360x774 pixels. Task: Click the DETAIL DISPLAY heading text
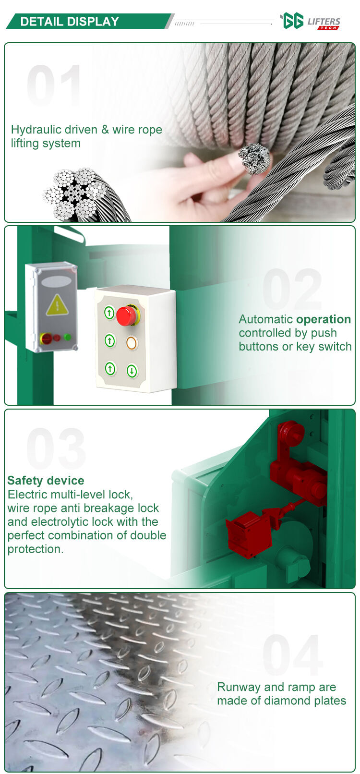pos(70,22)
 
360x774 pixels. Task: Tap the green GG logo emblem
pos(292,21)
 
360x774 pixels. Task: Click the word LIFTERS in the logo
pos(324,22)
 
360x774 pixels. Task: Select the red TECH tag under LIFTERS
pos(328,28)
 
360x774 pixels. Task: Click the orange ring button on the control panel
pos(132,343)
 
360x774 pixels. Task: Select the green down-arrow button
pos(132,371)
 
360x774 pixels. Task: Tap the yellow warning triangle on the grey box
pos(57,306)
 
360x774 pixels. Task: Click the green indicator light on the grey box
pos(68,337)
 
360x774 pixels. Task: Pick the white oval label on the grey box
pos(57,282)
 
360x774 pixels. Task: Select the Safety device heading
pos(46,480)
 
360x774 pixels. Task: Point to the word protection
pos(35,549)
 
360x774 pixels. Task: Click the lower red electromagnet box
pos(249,534)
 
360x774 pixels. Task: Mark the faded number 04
pos(293,655)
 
